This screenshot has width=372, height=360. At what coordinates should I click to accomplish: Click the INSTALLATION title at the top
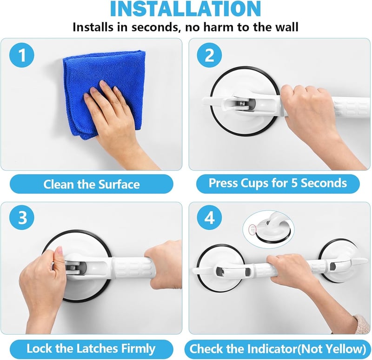186,8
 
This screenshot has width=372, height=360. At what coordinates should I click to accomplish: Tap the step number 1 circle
21,55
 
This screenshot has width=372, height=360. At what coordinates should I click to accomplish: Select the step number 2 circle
210,55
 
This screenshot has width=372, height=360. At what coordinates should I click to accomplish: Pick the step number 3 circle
21,218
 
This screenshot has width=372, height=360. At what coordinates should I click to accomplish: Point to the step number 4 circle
210,218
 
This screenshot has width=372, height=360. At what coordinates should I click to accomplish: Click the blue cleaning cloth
104,90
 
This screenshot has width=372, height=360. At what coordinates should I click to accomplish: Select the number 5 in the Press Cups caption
294,183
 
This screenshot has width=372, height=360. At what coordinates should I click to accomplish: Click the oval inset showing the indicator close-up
268,229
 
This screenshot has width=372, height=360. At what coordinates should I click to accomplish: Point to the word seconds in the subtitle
154,27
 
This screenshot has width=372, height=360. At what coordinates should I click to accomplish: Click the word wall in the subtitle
286,27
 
